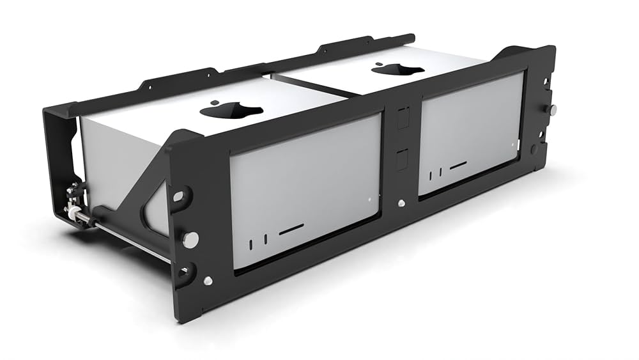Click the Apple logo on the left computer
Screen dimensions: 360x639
pyautogui.click(x=231, y=110)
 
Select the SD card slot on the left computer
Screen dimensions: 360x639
pyautogui.click(x=292, y=228)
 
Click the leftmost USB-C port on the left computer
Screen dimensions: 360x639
pyautogui.click(x=252, y=242)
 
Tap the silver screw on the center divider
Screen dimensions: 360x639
pyautogui.click(x=401, y=203)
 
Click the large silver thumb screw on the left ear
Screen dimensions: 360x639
pyautogui.click(x=190, y=239)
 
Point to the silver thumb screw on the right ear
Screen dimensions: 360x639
pyautogui.click(x=552, y=109)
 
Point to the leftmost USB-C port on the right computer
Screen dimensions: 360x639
pyautogui.click(x=431, y=175)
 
